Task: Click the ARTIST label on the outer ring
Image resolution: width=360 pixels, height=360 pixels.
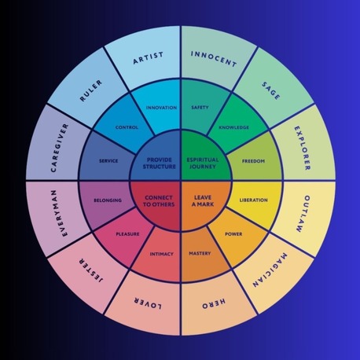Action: pyautogui.click(x=149, y=58)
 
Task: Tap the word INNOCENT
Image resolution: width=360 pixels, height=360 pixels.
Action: pyautogui.click(x=214, y=59)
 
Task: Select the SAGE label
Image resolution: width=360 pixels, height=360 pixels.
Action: pyautogui.click(x=271, y=90)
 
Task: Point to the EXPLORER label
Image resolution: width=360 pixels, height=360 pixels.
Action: pyautogui.click(x=303, y=149)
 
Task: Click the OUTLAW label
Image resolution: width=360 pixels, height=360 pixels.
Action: pyautogui.click(x=303, y=214)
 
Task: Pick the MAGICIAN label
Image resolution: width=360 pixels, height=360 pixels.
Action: pyautogui.click(x=270, y=270)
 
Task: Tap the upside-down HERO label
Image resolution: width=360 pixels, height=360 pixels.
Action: pyautogui.click(x=214, y=303)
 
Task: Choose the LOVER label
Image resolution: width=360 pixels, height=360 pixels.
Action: pyautogui.click(x=148, y=303)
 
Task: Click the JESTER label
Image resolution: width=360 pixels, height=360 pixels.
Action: pyautogui.click(x=91, y=270)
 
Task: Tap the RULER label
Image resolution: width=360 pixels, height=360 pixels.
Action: pyautogui.click(x=90, y=91)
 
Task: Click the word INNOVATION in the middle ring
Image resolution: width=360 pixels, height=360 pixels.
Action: pyautogui.click(x=161, y=108)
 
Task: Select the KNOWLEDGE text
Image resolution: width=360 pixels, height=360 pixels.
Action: pyautogui.click(x=234, y=127)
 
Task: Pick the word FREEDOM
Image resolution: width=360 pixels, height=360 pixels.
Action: pyautogui.click(x=253, y=161)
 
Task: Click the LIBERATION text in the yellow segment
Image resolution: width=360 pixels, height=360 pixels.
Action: pyautogui.click(x=254, y=200)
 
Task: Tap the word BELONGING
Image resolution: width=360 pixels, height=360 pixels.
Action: pyautogui.click(x=108, y=200)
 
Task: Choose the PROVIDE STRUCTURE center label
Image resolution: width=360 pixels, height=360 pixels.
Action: pyautogui.click(x=160, y=163)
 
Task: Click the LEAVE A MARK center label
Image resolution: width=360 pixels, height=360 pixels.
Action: pyautogui.click(x=203, y=201)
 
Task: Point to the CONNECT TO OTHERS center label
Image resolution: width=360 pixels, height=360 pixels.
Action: pyautogui.click(x=159, y=201)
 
